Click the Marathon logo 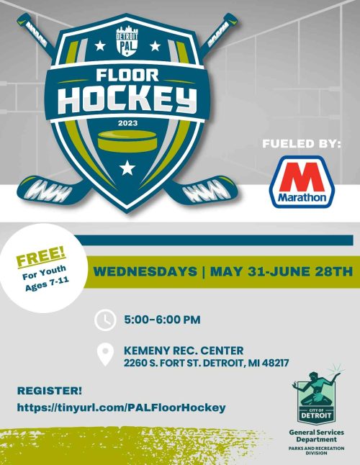302,182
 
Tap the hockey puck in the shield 127,141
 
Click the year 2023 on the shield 128,123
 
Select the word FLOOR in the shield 127,76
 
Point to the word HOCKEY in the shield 127,99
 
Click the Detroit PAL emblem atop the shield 127,41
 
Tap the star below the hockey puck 127,168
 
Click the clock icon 105,320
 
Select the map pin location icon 105,355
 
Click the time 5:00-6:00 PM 162,320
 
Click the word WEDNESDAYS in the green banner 145,271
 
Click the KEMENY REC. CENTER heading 184,351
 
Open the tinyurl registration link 121,407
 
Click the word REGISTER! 50,391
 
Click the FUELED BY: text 302,144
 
